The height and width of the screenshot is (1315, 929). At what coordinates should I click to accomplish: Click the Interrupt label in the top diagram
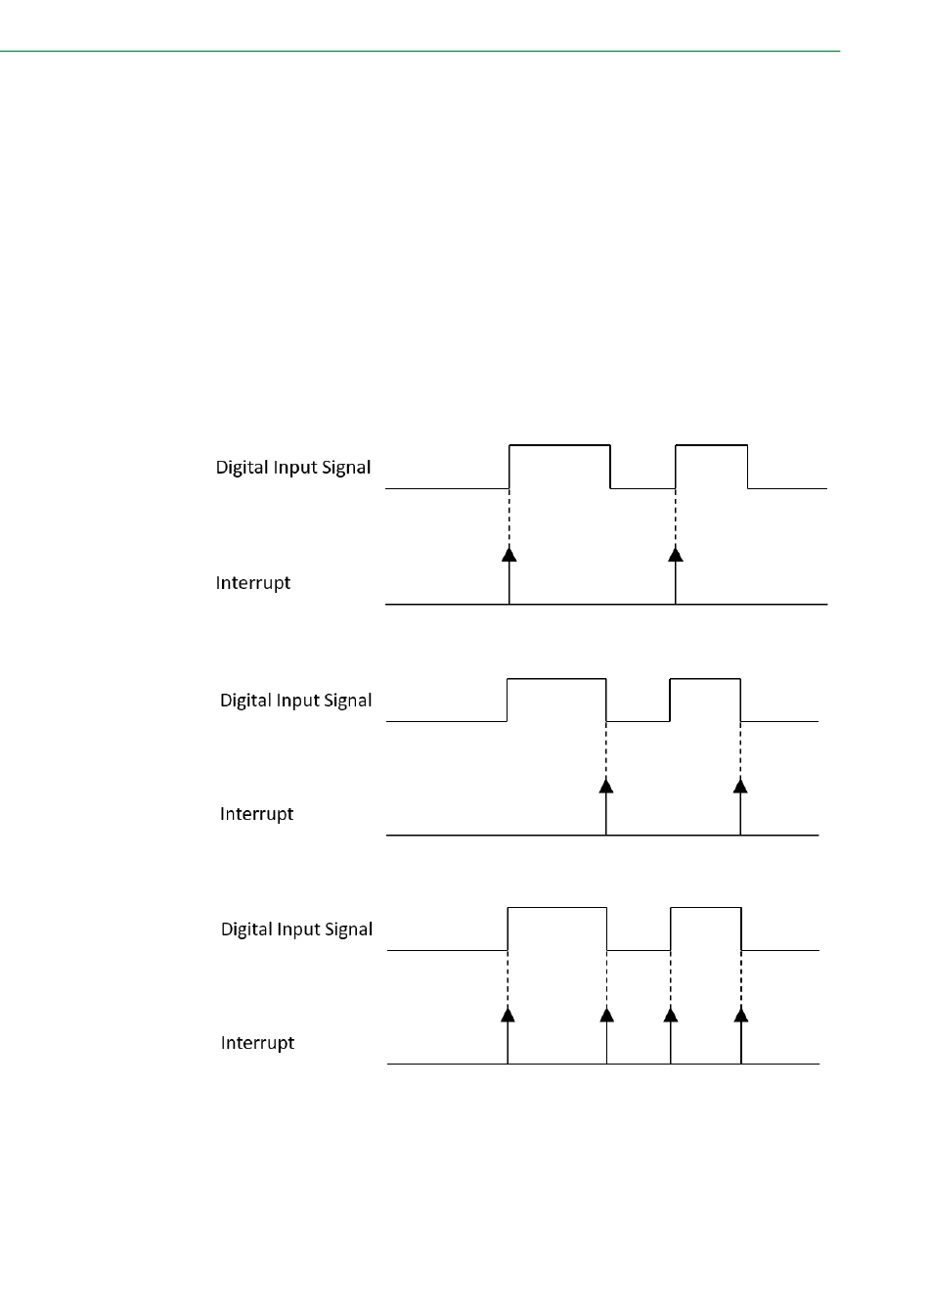[x=253, y=583]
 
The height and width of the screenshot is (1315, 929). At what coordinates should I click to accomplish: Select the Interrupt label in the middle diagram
[x=256, y=814]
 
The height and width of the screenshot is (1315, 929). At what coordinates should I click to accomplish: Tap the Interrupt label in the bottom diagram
[x=257, y=1043]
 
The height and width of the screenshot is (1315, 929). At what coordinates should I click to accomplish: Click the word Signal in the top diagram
[x=346, y=468]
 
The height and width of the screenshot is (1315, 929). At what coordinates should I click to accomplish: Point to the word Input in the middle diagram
[x=298, y=701]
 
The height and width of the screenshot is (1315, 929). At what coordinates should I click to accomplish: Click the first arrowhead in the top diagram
[x=509, y=554]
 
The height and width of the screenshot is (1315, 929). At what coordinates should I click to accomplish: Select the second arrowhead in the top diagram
[x=676, y=554]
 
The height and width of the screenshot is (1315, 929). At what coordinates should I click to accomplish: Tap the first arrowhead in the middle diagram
[x=606, y=785]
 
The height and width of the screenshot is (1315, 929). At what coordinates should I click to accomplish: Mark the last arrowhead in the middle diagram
[x=740, y=785]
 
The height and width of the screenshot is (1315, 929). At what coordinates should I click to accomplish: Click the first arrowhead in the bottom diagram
[x=508, y=1014]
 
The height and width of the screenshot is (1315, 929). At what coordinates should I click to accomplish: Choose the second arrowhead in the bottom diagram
[x=607, y=1014]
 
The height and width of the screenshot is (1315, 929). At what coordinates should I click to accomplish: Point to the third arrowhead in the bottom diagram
[x=671, y=1014]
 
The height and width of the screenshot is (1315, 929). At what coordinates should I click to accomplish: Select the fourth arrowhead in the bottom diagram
[x=741, y=1014]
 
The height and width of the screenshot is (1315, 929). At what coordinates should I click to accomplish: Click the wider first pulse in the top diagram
[x=559, y=466]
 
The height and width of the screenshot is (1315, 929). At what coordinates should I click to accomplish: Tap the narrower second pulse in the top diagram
[x=712, y=466]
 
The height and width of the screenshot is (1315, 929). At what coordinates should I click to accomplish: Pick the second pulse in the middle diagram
[x=705, y=699]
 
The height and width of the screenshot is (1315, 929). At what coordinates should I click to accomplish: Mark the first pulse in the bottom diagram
[x=557, y=929]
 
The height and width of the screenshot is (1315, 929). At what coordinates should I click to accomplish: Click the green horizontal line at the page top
[x=420, y=51]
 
